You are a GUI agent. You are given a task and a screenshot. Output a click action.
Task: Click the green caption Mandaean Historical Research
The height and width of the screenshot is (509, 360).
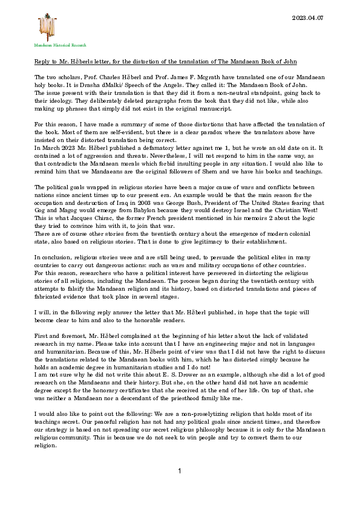pyautogui.click(x=60, y=45)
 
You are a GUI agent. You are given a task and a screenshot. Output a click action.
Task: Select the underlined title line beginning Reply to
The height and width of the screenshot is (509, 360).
pyautogui.click(x=165, y=62)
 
